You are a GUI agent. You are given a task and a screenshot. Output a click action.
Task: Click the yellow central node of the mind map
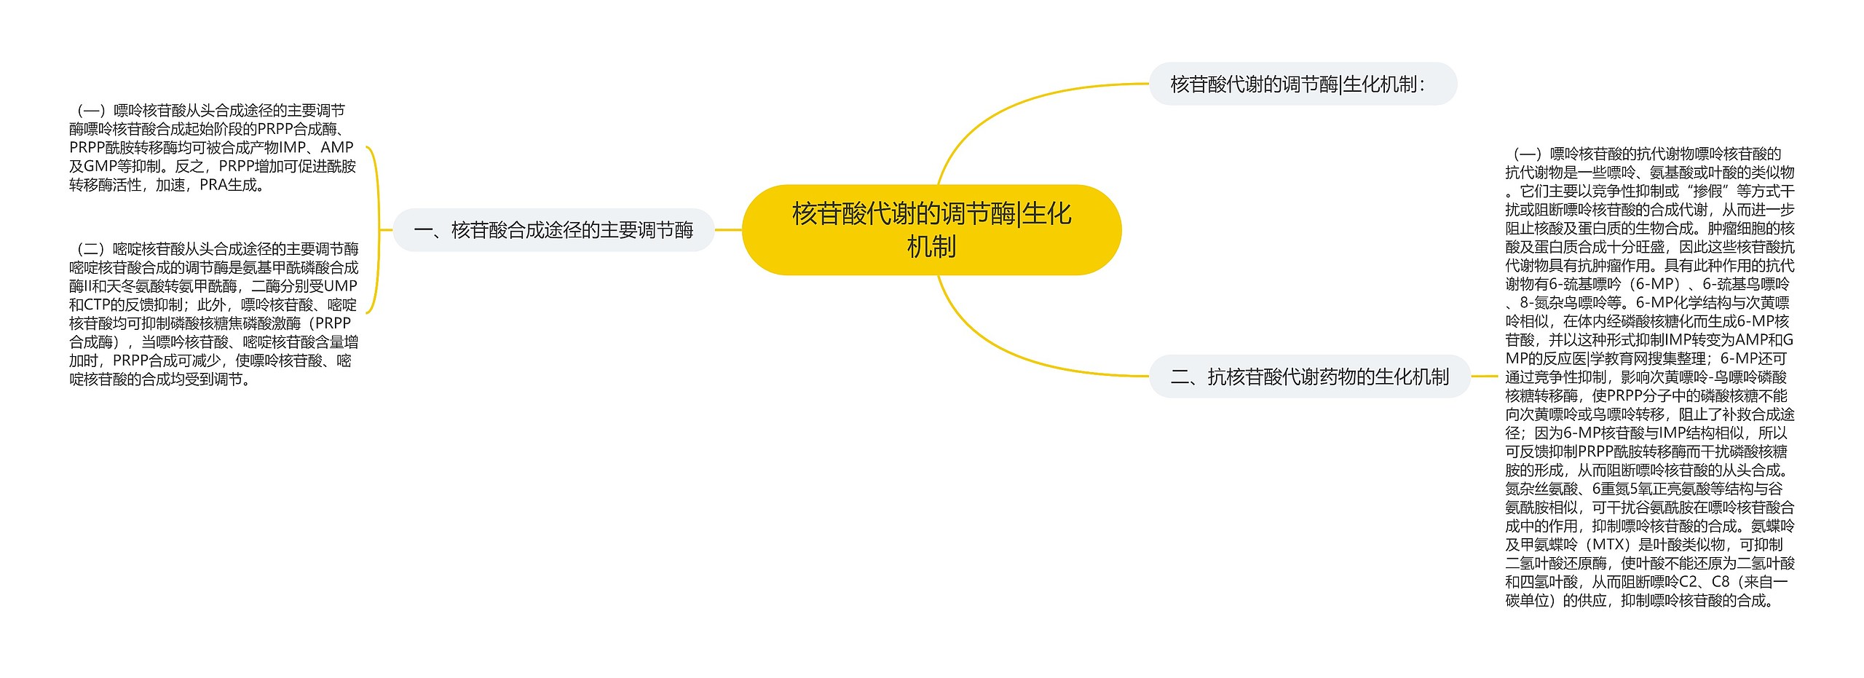pos(931,229)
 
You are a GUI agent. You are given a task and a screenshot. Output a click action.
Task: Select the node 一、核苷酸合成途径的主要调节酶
pos(553,230)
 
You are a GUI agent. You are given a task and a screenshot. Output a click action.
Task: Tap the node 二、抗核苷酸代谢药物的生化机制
pos(1309,377)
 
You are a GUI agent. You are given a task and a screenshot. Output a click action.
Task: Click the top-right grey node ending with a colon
pos(1302,84)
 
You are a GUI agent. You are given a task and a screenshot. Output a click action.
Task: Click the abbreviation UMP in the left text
pos(340,286)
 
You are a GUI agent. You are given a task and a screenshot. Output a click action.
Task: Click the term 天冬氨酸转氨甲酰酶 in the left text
pos(174,286)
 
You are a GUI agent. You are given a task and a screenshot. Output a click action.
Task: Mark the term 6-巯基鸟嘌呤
pos(1745,284)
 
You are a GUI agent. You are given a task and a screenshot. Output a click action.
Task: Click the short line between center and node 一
pos(728,230)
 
